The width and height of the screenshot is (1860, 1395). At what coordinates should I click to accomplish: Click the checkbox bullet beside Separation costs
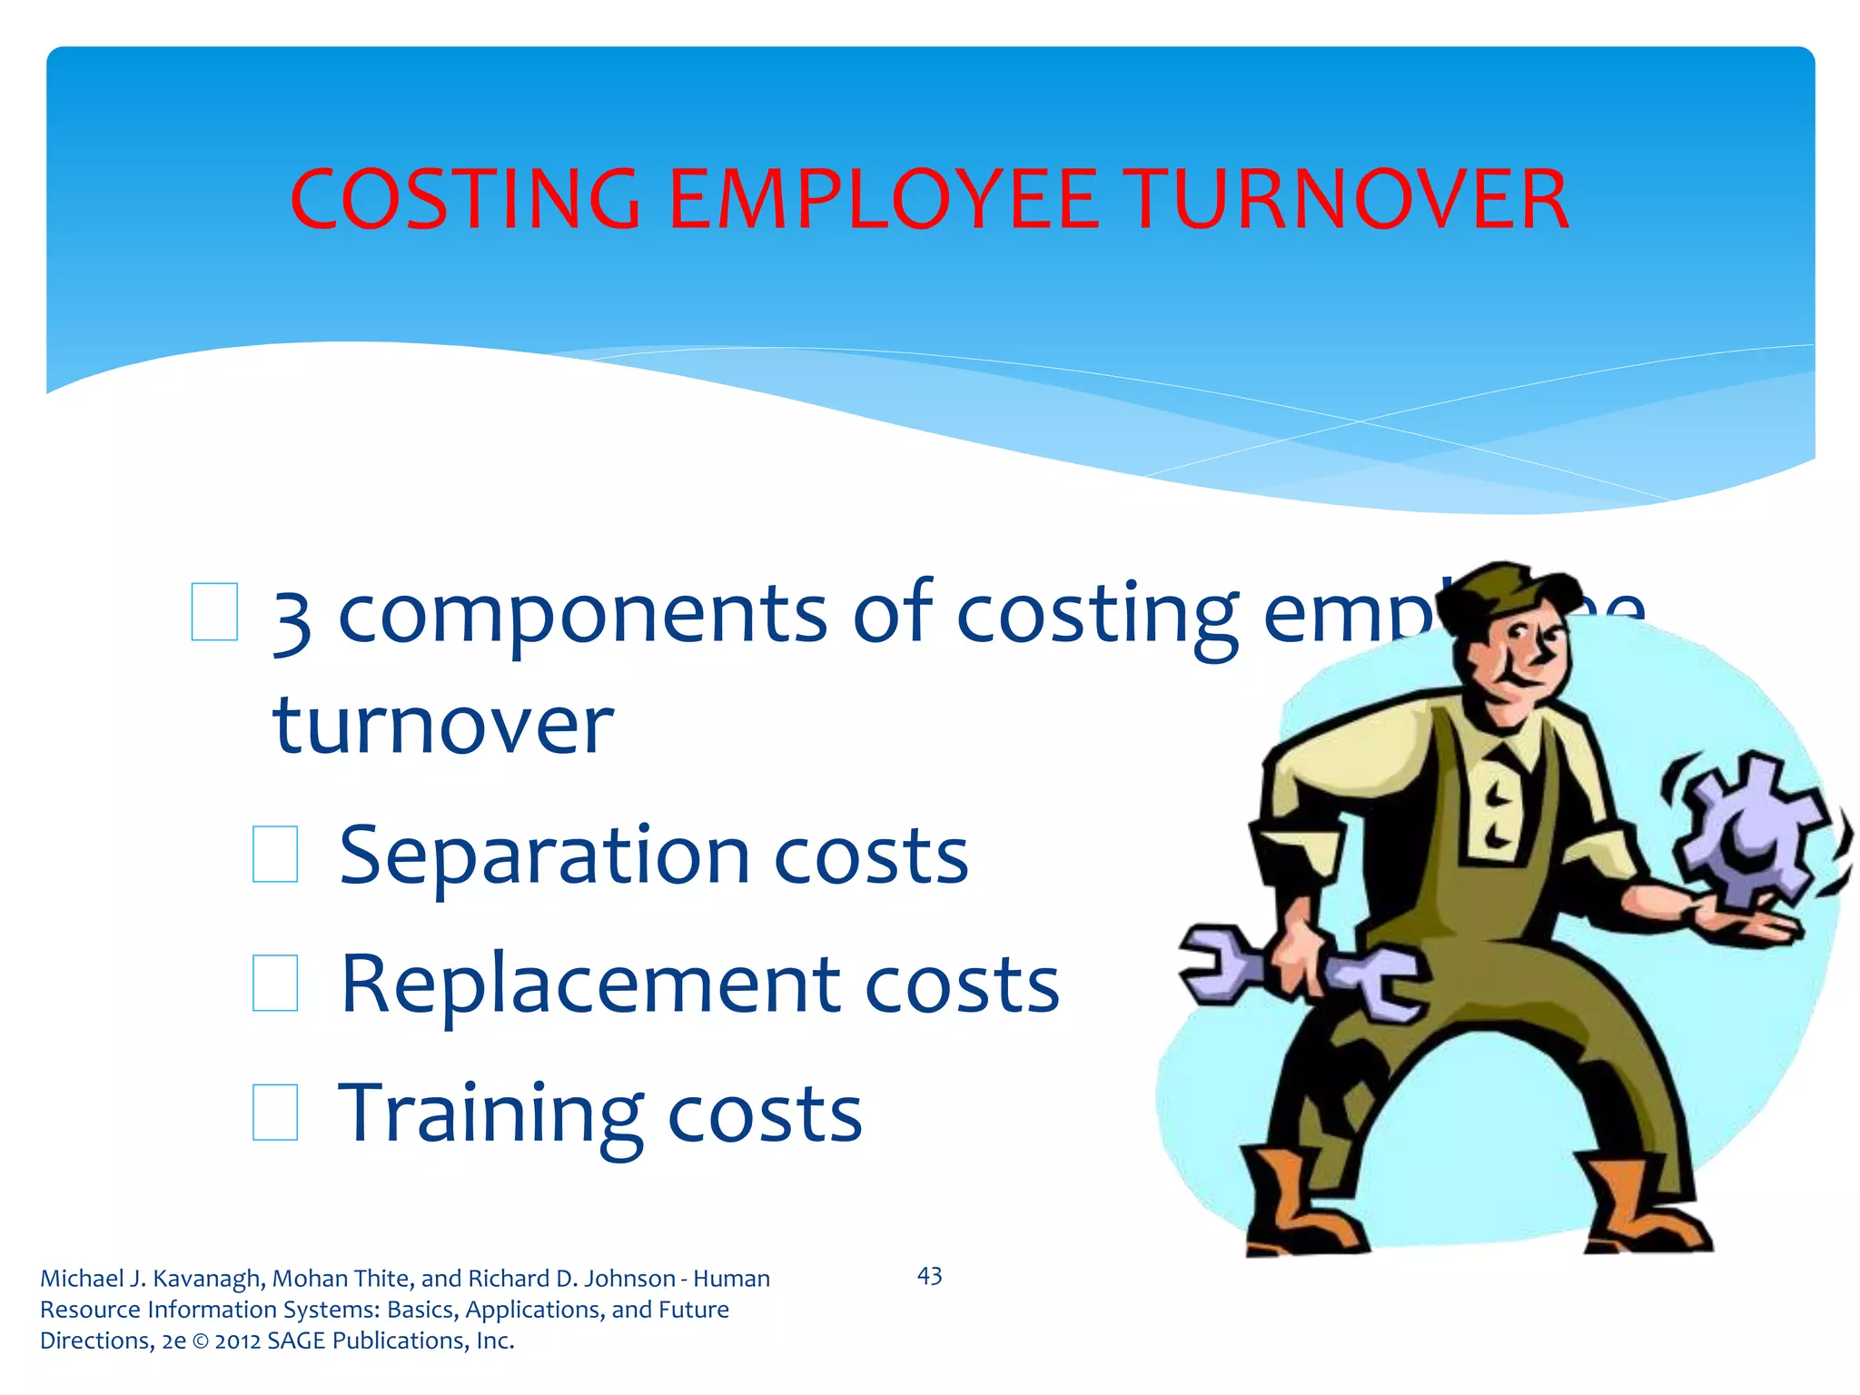click(x=275, y=854)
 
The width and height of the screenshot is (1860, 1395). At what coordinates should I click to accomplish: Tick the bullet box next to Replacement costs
click(x=275, y=983)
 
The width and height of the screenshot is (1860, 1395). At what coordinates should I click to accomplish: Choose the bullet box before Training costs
click(x=275, y=1112)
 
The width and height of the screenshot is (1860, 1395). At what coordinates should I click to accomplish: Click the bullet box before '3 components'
click(x=215, y=612)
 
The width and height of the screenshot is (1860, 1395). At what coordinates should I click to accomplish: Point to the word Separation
click(x=544, y=856)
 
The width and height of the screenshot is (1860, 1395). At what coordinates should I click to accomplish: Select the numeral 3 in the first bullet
click(x=292, y=622)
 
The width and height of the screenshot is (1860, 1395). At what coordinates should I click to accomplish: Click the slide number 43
click(x=929, y=1276)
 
